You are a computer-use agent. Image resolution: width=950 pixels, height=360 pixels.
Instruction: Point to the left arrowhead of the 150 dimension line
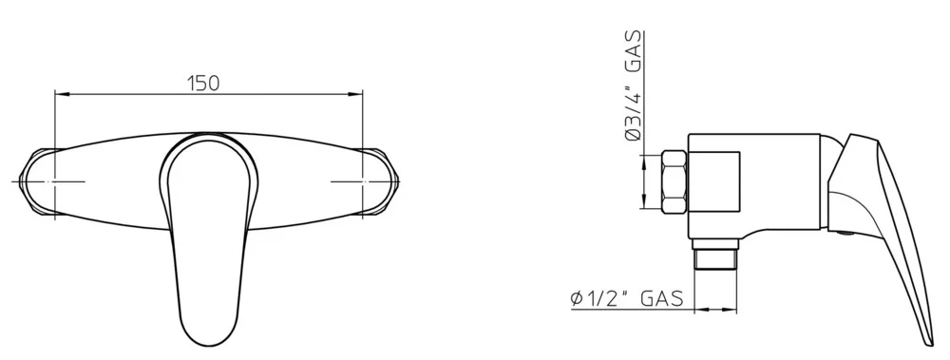click(x=61, y=93)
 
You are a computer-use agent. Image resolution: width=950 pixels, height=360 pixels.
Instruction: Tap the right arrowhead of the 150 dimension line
click(x=359, y=93)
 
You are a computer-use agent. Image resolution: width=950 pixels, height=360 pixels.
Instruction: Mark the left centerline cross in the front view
click(x=56, y=180)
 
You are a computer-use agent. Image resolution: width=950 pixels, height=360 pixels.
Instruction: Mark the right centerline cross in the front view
click(x=363, y=180)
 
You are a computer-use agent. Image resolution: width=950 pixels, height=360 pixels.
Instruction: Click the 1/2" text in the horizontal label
click(x=605, y=299)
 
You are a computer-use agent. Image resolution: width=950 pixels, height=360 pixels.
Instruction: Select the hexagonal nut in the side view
click(x=674, y=180)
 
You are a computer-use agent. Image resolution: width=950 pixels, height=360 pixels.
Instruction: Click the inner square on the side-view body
click(x=715, y=180)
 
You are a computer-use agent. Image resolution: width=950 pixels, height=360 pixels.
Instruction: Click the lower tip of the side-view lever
click(x=926, y=342)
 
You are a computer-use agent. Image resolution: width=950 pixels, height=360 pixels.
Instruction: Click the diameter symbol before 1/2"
click(x=576, y=299)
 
